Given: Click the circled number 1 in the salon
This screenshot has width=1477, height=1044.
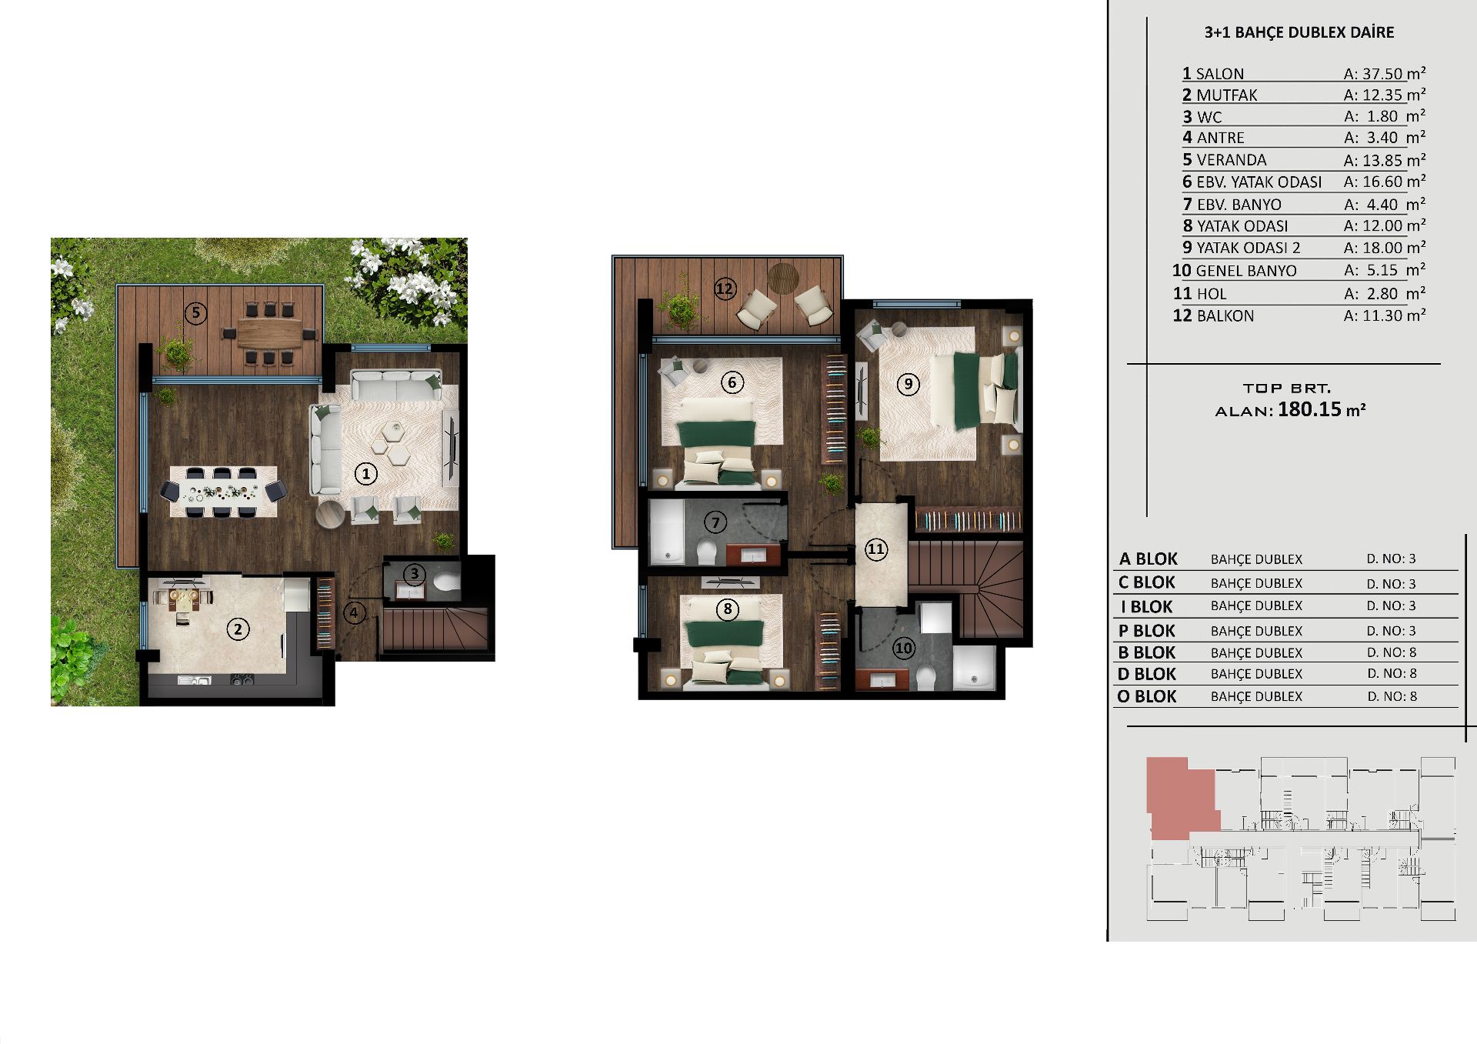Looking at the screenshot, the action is coord(366,474).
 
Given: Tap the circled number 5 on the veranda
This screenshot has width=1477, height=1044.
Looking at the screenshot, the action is coord(196,312).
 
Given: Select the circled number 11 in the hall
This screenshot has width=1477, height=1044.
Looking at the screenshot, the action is coord(876,549).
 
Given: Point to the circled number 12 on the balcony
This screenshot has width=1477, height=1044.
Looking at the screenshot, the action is coord(725,289).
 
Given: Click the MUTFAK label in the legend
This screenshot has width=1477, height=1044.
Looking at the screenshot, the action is coord(1227,95).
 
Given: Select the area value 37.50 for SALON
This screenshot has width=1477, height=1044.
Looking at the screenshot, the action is coord(1382,74).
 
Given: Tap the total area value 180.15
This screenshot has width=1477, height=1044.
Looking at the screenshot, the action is coord(1309,409).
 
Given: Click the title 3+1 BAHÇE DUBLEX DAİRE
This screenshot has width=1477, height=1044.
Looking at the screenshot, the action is coord(1299,32).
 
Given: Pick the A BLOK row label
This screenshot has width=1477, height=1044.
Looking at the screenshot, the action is coord(1149,559).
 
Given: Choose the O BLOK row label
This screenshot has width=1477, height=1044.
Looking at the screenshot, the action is coord(1148,696).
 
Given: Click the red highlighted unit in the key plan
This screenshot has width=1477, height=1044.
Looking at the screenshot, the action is coord(1182,797).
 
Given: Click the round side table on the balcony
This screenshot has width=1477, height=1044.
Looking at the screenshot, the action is coord(784,278).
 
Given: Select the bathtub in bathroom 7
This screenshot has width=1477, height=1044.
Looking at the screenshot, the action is coord(666,532).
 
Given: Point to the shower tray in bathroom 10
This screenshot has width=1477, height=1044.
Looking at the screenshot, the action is coord(974,667).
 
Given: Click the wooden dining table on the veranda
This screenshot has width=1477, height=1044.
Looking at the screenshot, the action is coord(269,334).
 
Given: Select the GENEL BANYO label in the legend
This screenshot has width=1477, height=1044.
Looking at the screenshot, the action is coord(1246,271).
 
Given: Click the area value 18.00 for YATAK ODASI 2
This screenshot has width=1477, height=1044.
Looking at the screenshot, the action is coord(1382,248).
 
